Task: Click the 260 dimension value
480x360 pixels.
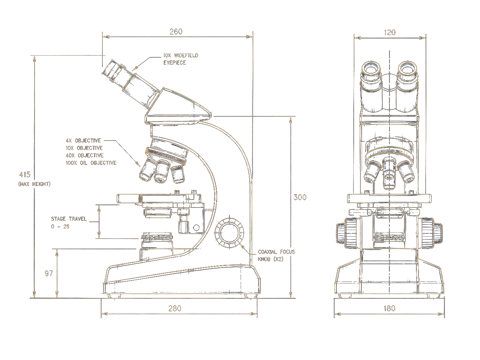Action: pos(176,32)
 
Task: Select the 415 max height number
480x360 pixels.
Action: pos(25,175)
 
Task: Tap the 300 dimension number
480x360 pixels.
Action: pos(300,197)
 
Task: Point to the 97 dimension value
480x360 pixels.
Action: pos(49,273)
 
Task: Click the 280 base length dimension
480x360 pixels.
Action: pos(175,308)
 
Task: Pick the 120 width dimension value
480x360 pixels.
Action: pos(390,32)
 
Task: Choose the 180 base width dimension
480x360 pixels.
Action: pos(390,308)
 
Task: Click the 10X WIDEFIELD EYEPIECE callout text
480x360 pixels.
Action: pos(181,59)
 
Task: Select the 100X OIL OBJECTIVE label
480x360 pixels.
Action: pos(91,163)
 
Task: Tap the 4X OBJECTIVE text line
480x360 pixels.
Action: pos(83,141)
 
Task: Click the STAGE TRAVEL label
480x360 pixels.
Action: pos(69,219)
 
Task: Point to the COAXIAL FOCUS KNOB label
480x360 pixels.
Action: pos(276,256)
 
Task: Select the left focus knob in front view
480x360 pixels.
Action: pos(347,233)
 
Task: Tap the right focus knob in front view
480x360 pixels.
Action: pos(432,233)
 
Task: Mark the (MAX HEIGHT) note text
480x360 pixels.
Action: pos(34,184)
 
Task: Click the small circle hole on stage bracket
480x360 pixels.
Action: pos(197,228)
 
